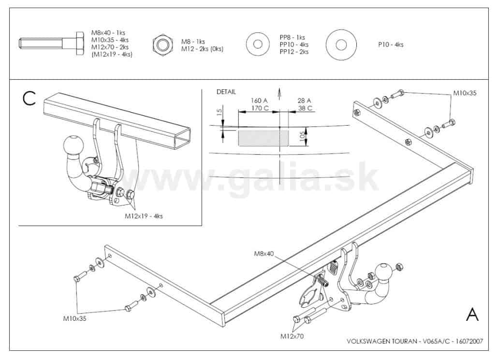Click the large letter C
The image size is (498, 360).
pos(29,98)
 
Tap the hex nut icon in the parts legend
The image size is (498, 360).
pos(162,45)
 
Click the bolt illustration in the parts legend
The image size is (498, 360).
pos(51,43)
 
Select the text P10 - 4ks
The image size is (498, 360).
pos(391,45)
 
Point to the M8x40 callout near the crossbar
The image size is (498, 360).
pos(264,254)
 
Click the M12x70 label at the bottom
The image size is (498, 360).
pos(292,336)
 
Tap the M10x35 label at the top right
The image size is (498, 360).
pos(465,93)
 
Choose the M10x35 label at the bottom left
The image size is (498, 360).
pos(74,318)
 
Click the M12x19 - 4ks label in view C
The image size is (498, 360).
pos(144,216)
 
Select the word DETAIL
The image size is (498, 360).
pos(226,92)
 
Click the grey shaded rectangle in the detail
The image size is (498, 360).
pos(264,138)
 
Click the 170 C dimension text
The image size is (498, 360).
pos(260,108)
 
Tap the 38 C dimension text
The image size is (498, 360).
pos(305,108)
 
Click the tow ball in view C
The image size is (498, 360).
pos(73,146)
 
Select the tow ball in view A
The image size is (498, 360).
pos(384,273)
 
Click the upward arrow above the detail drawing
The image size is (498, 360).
pos(279,94)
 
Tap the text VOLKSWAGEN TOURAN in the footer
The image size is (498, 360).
pos(382,341)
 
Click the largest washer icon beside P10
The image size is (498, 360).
pos(341,45)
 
